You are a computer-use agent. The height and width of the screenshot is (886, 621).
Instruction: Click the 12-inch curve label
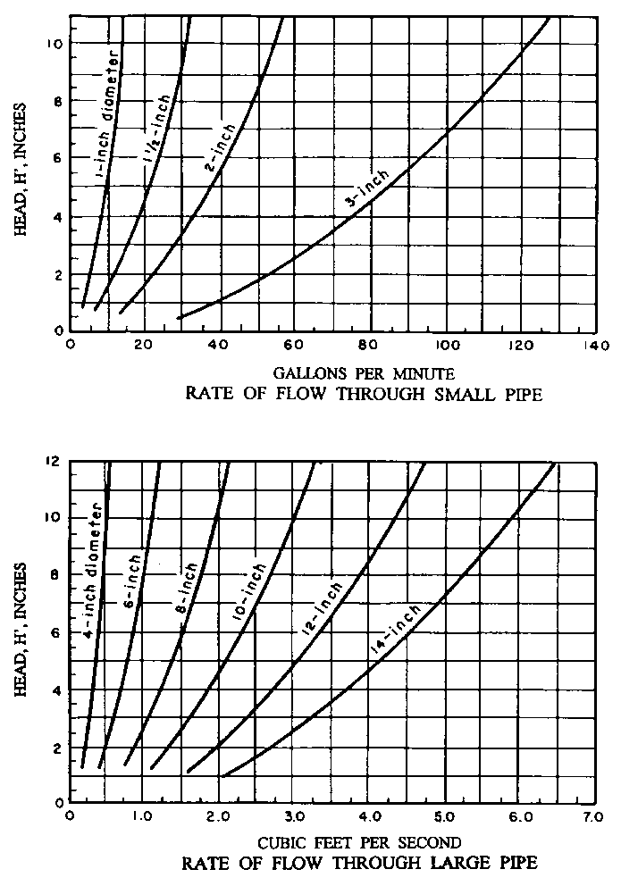321,610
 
